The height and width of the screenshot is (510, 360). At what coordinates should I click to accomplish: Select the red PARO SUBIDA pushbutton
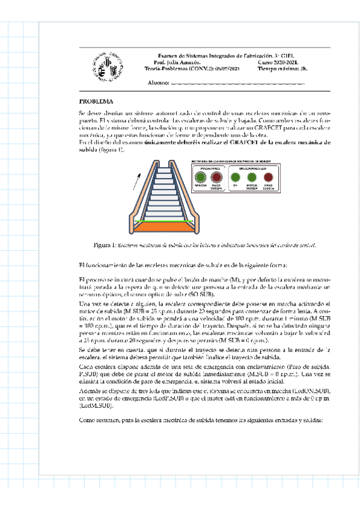218,177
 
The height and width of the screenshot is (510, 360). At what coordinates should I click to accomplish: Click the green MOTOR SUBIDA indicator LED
252,177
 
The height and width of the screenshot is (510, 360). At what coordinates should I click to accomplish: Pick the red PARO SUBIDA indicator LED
269,177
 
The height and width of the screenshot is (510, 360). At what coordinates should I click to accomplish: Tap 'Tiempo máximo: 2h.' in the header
283,69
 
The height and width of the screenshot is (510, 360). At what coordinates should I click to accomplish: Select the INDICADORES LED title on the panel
252,168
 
